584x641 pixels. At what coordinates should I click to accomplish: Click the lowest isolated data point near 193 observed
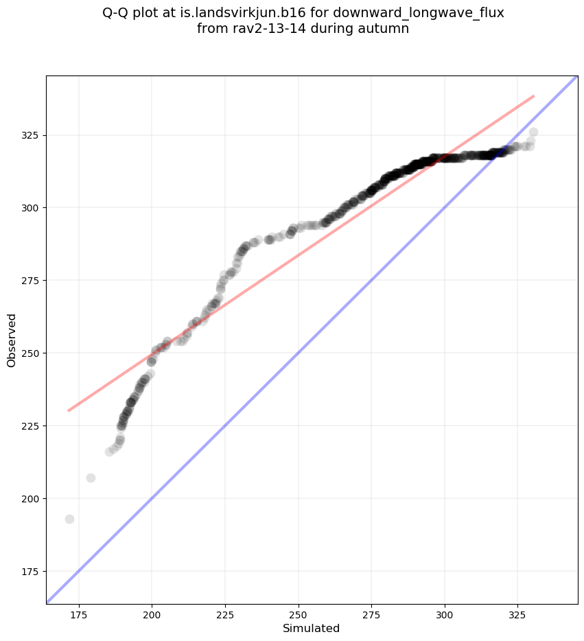[69, 519]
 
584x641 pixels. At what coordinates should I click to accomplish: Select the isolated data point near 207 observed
[91, 478]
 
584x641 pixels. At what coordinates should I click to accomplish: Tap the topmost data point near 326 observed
[533, 132]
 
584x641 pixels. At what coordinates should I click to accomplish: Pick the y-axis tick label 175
[30, 571]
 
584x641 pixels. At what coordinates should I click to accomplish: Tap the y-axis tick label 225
[30, 426]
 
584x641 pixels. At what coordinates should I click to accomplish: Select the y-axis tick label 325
[30, 135]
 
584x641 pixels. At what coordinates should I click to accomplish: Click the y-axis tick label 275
[30, 280]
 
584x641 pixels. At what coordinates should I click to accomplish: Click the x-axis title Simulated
[312, 628]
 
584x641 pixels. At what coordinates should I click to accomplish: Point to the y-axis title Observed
[12, 340]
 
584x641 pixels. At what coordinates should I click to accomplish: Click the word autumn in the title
[387, 29]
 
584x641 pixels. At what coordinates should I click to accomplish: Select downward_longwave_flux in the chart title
[430, 13]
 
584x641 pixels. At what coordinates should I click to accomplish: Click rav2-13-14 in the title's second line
[263, 29]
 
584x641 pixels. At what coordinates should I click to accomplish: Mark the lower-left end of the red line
[69, 410]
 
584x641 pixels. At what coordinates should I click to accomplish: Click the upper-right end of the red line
[533, 96]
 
